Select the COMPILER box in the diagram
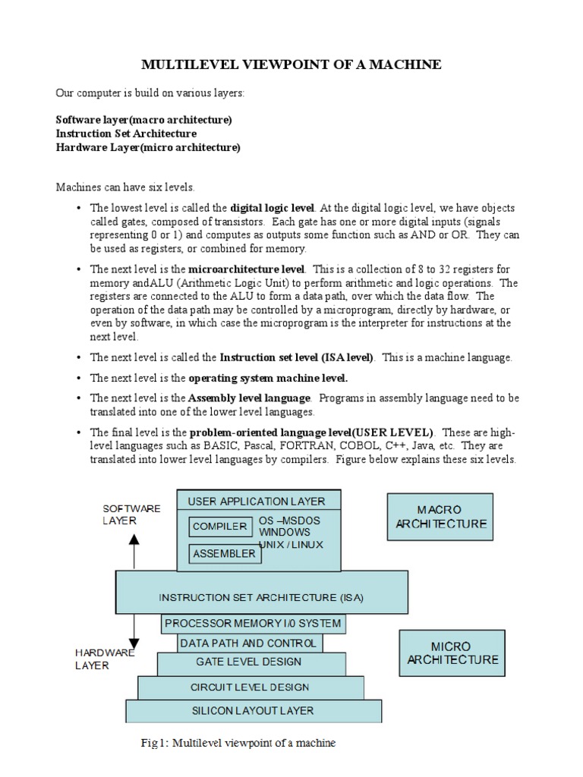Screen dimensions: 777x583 pyautogui.click(x=219, y=527)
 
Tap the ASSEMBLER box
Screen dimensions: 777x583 pyautogui.click(x=224, y=554)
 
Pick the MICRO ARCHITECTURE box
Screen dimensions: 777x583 pyautogui.click(x=452, y=653)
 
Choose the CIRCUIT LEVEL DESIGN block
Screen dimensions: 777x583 pyautogui.click(x=250, y=687)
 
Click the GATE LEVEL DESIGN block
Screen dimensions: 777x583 pyautogui.click(x=248, y=662)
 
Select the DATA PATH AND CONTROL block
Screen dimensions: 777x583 pyautogui.click(x=249, y=643)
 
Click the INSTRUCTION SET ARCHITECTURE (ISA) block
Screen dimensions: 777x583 pyautogui.click(x=261, y=597)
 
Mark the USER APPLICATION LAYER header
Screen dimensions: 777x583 pyautogui.click(x=257, y=501)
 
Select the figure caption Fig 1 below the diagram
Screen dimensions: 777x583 pyautogui.click(x=254, y=742)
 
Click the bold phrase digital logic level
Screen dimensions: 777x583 pyautogui.click(x=272, y=207)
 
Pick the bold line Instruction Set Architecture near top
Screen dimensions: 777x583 pyautogui.click(x=126, y=134)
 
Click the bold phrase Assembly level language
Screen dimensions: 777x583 pyautogui.click(x=249, y=398)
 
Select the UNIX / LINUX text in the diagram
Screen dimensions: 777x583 pyautogui.click(x=291, y=544)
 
